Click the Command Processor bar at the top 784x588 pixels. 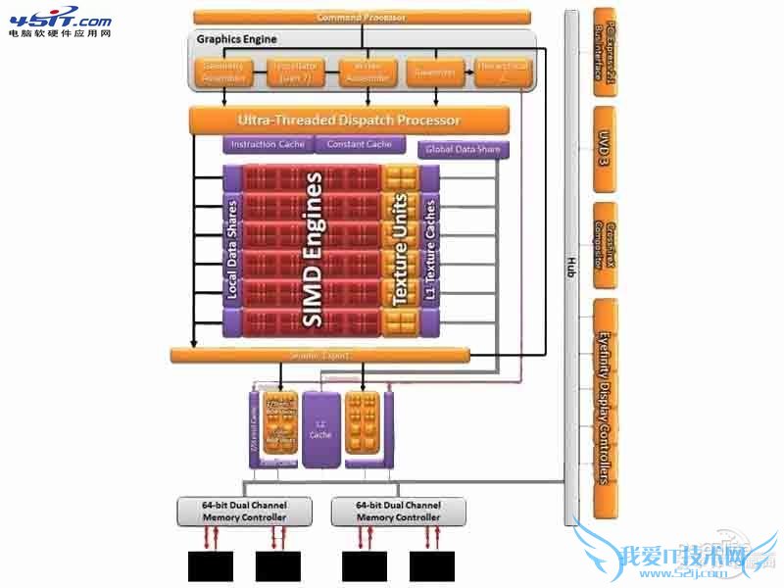point(362,17)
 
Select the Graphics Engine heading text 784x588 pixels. point(237,39)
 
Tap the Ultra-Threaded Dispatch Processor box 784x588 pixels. point(349,121)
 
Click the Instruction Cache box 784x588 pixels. point(267,145)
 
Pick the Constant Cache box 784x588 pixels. point(359,145)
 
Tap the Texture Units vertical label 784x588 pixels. point(400,250)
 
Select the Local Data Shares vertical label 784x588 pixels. point(232,250)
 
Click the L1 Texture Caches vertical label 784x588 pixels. point(429,250)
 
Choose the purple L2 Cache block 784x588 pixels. point(320,428)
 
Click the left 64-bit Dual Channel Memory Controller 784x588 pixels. point(244,511)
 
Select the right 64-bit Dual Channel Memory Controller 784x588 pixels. point(399,511)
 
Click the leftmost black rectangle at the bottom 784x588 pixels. point(209,565)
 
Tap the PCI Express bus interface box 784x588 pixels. point(605,51)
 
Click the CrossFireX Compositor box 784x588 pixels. point(605,245)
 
